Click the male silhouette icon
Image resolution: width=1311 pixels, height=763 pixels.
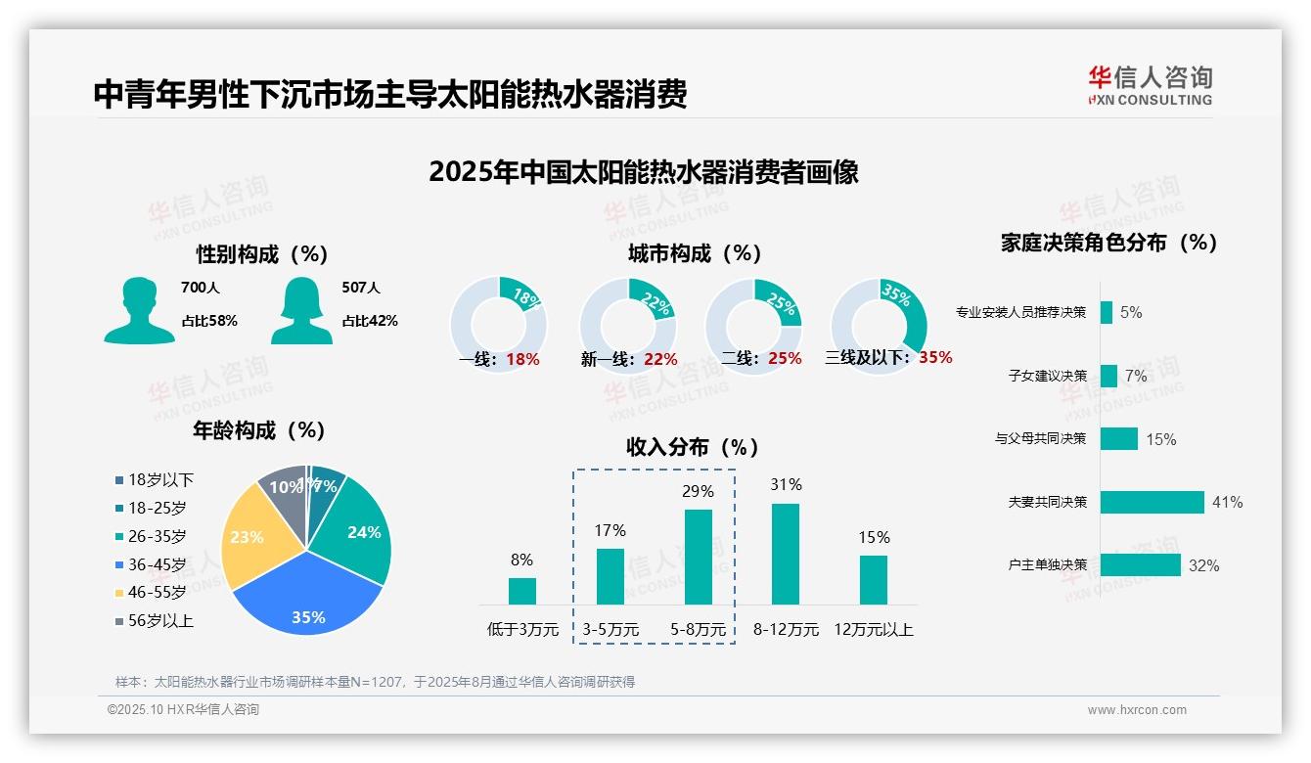click(139, 310)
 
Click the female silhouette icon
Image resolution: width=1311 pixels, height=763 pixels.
click(301, 310)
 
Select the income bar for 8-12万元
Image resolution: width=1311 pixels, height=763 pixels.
click(786, 554)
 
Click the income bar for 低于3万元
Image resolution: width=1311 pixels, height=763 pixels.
click(521, 591)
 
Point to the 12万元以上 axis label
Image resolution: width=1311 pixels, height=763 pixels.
click(873, 630)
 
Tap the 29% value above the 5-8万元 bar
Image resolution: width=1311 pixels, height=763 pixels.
click(698, 491)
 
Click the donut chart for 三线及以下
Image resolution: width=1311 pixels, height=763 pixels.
click(879, 326)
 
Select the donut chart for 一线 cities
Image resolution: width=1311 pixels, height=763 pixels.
click(498, 326)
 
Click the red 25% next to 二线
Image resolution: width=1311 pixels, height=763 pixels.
click(785, 359)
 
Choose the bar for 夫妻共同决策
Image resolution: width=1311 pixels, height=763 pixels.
click(1152, 502)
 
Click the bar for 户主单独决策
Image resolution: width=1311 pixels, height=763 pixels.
click(1140, 564)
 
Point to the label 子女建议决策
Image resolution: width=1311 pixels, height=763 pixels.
click(1047, 376)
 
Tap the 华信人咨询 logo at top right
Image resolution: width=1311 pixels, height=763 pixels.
click(1150, 85)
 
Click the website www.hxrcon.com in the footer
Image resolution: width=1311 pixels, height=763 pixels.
click(1136, 710)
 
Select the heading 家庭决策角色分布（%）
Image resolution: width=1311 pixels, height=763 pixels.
click(1108, 243)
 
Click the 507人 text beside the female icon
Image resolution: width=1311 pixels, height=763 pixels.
click(360, 288)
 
